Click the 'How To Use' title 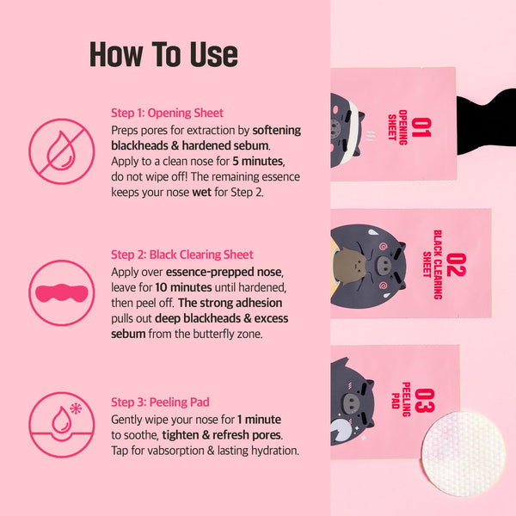pos(163,54)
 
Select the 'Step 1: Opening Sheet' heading pos(167,113)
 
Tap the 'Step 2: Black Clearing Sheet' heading pos(182,255)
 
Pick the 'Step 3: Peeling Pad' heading pos(160,402)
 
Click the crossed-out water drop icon pos(62,151)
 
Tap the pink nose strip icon pos(62,292)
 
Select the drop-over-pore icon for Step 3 pos(62,425)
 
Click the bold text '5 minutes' pos(258,162)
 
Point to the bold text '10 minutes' pos(183,287)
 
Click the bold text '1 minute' pos(259,420)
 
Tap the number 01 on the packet pos(421,127)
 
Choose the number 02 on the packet pos(456,265)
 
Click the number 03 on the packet pos(425,400)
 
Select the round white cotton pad pos(464,453)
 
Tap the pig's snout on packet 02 pos(384,264)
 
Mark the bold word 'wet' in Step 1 pos(201,192)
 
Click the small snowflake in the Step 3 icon pos(76,408)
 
